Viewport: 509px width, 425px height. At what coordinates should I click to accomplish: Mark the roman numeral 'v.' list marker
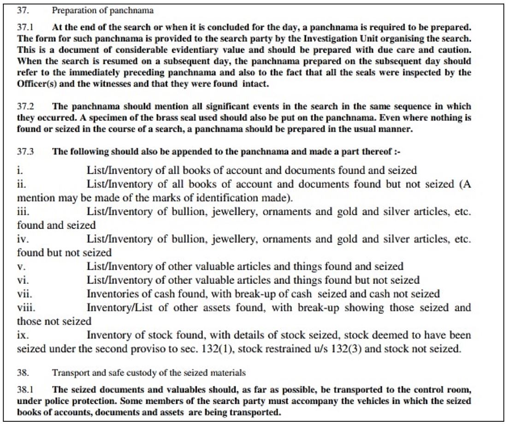click(x=21, y=266)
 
